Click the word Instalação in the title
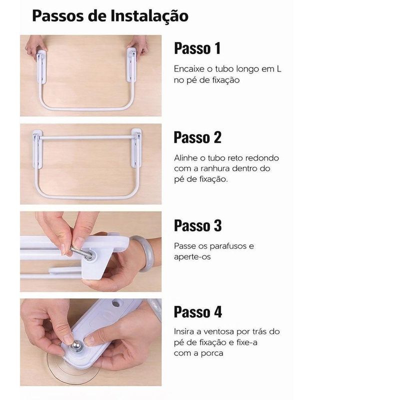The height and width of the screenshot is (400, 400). point(149,16)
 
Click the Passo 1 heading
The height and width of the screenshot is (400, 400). point(197,48)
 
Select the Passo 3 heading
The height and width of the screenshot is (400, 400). point(197,225)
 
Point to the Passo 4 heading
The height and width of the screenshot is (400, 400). point(197,311)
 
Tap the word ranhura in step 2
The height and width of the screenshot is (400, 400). point(212,168)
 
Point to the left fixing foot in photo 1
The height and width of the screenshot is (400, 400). point(41,67)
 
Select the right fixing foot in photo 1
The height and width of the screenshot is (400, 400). point(131,64)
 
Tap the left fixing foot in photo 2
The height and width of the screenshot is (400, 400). point(37,149)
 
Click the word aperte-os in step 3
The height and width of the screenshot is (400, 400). point(192,257)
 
